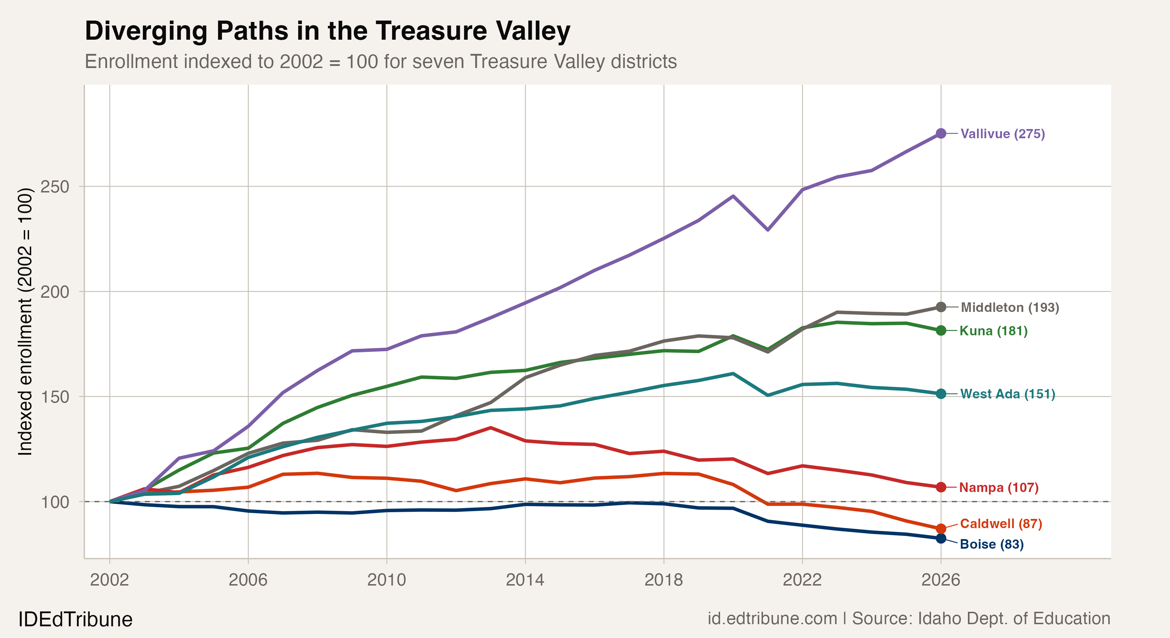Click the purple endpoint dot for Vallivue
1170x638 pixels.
tap(941, 134)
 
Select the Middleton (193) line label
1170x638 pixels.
tap(1010, 307)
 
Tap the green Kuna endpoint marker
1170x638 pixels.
tap(941, 331)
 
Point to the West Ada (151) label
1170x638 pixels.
tap(1007, 394)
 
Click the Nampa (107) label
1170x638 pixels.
tap(999, 487)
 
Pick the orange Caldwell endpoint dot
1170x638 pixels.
tap(941, 528)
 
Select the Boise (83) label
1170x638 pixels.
tap(992, 544)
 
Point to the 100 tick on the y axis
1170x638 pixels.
tap(55, 502)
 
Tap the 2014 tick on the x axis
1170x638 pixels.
tap(525, 580)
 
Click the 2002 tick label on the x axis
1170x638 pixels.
tap(110, 580)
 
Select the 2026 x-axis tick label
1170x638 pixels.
tap(941, 580)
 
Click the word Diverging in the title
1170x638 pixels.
tap(147, 31)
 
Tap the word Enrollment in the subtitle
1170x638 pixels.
tap(131, 62)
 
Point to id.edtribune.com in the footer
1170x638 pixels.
tap(772, 619)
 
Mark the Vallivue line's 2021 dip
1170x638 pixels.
tap(768, 230)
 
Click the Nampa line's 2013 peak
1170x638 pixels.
tap(491, 428)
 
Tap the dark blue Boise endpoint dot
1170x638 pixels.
tap(941, 538)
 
